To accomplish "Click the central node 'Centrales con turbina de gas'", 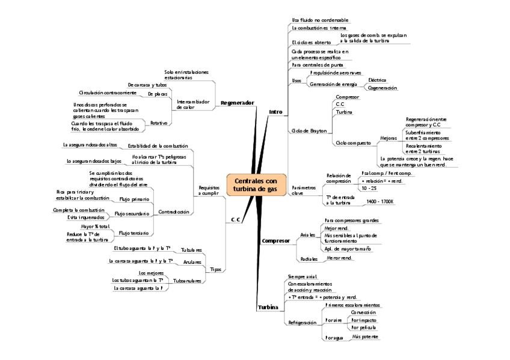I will click(256, 185).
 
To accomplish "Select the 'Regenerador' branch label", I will click(237, 103).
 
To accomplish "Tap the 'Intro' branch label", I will click(275, 112).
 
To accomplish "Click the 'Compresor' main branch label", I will click(275, 241).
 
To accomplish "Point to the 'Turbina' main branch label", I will click(268, 307).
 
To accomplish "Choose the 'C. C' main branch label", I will click(236, 220).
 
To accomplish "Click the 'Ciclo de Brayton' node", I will click(309, 130).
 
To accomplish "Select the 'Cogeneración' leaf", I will click(382, 88).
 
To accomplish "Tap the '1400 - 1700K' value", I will click(379, 201).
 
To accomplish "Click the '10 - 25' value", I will click(369, 188).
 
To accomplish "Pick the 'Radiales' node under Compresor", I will click(309, 258).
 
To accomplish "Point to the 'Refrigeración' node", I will click(302, 323).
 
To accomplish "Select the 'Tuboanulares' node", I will click(187, 280).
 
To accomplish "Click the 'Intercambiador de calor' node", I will click(193, 105).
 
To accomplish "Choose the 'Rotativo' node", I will click(159, 122).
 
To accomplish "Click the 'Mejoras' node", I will click(389, 138).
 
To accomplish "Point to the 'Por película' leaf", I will click(363, 328).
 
